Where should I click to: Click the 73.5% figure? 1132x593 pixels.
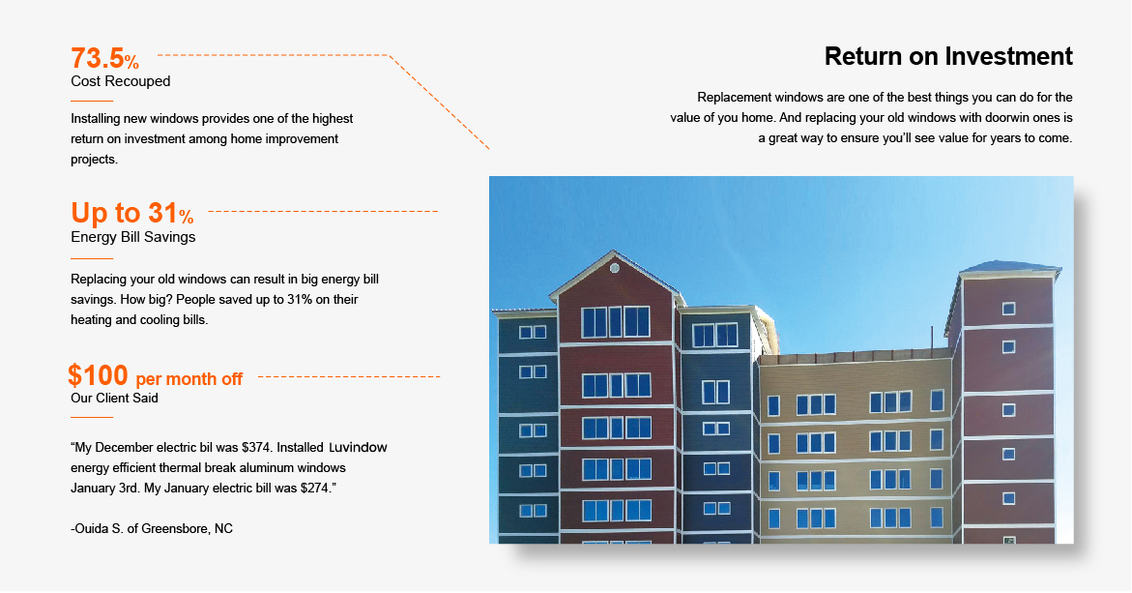(x=104, y=58)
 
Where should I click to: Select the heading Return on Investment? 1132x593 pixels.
(x=948, y=56)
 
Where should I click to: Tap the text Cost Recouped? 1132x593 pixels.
(x=121, y=81)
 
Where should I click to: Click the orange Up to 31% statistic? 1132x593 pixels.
(x=132, y=213)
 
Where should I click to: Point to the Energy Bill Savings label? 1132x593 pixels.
(x=132, y=237)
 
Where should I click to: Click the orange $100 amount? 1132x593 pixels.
(x=98, y=375)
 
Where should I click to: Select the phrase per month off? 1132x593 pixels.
(x=189, y=379)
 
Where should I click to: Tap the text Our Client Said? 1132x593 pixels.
(x=114, y=398)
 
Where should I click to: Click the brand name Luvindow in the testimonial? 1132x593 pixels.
(x=358, y=448)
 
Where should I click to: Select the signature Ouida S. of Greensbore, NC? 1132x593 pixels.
(x=152, y=529)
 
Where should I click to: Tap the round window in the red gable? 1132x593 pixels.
(x=615, y=268)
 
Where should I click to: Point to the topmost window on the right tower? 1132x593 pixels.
(x=1008, y=310)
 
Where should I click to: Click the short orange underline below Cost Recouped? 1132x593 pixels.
(x=92, y=102)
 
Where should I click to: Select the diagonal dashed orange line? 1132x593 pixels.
(x=439, y=102)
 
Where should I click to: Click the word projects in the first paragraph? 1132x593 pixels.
(x=94, y=160)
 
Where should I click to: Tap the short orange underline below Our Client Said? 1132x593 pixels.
(x=92, y=418)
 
